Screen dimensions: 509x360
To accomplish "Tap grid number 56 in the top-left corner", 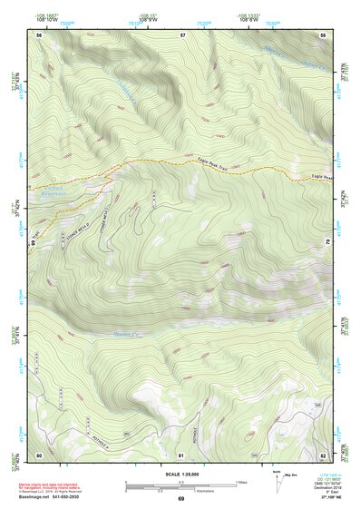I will (x=39, y=35).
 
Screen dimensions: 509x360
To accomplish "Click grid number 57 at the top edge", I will (x=182, y=35).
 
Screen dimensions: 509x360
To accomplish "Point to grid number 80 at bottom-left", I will (x=39, y=454).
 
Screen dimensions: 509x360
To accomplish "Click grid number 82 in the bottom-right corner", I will (x=323, y=454).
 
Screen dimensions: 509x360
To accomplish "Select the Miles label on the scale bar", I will (x=241, y=481).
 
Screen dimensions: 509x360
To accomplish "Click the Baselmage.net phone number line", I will (x=60, y=498).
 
